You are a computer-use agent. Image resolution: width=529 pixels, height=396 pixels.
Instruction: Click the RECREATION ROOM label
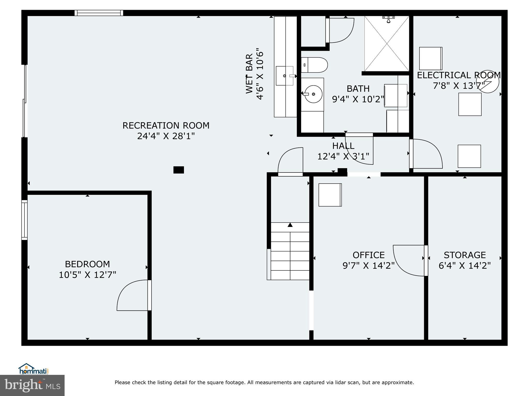(166, 126)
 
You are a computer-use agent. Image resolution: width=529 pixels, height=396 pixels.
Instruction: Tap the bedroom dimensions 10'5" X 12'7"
(87, 275)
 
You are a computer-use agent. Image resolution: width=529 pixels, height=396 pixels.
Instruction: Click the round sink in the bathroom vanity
(313, 94)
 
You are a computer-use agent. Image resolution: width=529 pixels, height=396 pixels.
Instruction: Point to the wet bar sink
(285, 76)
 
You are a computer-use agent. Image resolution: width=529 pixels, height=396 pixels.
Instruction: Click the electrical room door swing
(426, 154)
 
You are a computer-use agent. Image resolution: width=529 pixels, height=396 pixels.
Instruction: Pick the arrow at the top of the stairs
(290, 225)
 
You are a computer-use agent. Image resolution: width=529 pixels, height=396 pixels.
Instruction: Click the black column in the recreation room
(178, 170)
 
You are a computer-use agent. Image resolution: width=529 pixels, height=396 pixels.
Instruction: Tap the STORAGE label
(465, 255)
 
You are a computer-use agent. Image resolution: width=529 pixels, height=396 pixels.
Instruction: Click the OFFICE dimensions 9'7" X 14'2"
(369, 266)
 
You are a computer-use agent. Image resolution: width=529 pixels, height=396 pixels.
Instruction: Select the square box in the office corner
(330, 195)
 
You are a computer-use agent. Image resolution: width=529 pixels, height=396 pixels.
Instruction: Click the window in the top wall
(99, 13)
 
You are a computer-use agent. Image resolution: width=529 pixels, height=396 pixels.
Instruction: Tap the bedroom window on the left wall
(24, 220)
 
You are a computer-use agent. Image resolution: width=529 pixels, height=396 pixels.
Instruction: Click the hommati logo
(33, 369)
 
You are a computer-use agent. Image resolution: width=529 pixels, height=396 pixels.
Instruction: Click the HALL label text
(343, 146)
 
